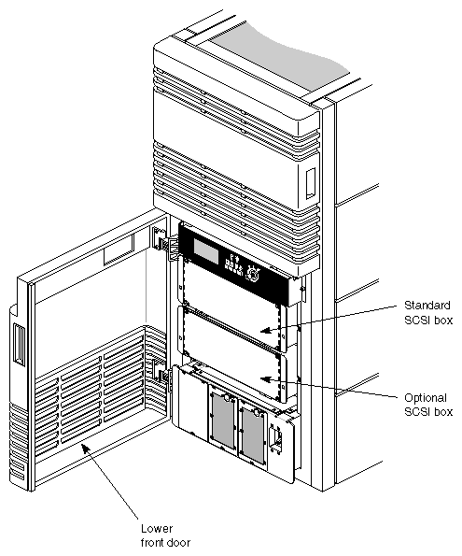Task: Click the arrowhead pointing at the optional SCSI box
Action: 265,378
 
